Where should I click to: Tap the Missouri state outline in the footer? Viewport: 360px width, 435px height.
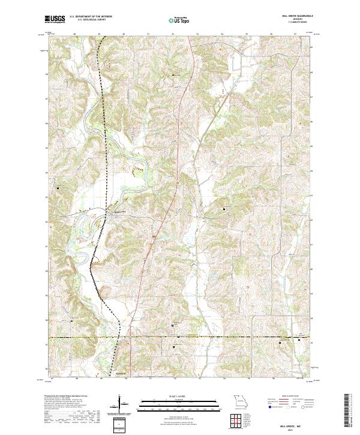[x=240, y=400]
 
